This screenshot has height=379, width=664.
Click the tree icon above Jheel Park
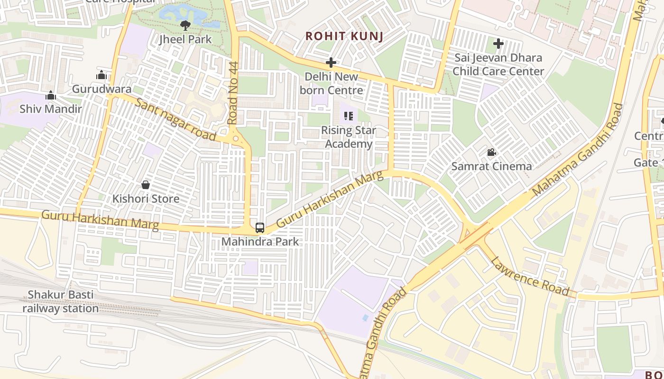(x=185, y=25)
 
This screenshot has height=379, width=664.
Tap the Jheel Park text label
(x=185, y=39)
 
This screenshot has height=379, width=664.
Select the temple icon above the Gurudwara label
(x=101, y=75)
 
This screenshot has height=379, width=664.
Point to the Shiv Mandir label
(x=51, y=109)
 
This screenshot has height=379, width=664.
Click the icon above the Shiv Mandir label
(x=51, y=96)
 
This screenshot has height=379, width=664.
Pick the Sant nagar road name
(x=175, y=119)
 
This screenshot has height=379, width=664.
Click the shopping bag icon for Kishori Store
(x=146, y=184)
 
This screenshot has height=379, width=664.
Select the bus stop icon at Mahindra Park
(x=260, y=228)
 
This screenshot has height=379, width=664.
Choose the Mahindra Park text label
(x=260, y=242)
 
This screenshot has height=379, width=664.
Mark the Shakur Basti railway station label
(x=61, y=301)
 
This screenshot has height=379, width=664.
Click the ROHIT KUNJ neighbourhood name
(x=344, y=36)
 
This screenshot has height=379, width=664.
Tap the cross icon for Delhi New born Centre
(x=331, y=63)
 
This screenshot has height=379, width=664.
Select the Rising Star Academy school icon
(x=349, y=116)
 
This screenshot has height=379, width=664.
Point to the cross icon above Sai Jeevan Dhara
(x=498, y=44)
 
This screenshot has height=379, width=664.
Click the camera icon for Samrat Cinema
(x=491, y=153)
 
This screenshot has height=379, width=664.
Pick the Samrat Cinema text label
(x=491, y=166)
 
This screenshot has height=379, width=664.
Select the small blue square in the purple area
(x=365, y=317)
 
